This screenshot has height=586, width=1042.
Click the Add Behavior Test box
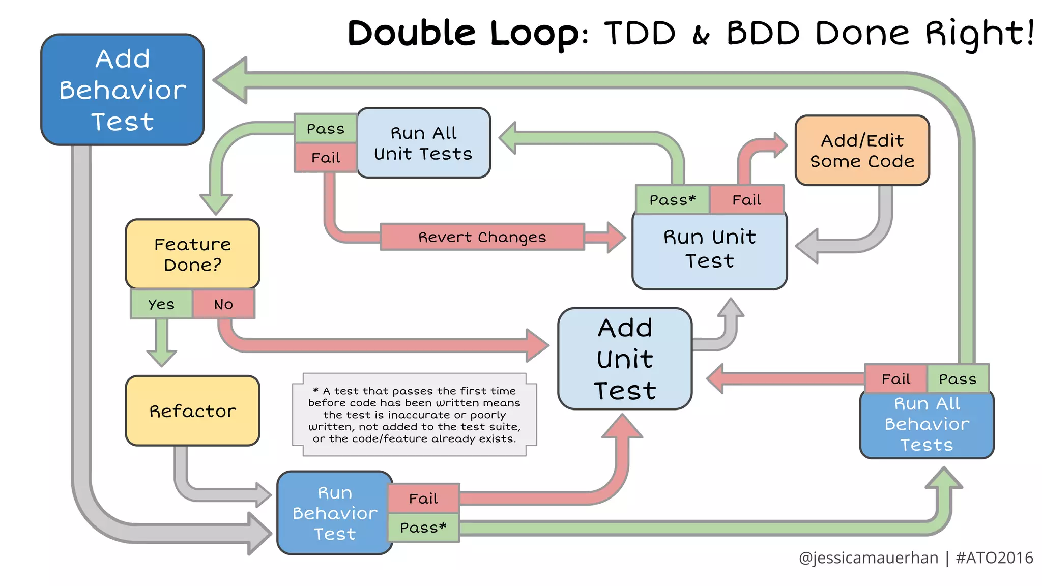click(122, 90)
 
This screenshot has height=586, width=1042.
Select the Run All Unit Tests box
click(423, 143)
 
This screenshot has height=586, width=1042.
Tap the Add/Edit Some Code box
click(862, 151)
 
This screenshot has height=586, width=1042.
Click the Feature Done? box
click(192, 254)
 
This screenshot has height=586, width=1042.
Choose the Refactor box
click(192, 411)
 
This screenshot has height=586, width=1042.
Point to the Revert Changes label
click(482, 237)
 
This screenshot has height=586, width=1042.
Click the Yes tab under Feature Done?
click(161, 304)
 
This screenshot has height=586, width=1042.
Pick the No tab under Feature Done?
click(223, 304)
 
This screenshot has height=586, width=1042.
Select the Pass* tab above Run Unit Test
click(672, 200)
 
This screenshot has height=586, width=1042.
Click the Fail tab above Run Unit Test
click(746, 200)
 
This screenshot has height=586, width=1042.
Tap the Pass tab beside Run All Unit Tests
click(326, 129)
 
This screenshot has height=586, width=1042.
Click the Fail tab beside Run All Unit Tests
click(326, 158)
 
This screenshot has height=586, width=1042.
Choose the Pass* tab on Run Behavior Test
click(423, 528)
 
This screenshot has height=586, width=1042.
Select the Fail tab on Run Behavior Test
click(423, 499)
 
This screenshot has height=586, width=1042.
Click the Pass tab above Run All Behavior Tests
click(958, 379)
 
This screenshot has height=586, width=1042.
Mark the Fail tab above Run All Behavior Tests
click(896, 379)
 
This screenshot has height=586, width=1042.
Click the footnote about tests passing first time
click(414, 415)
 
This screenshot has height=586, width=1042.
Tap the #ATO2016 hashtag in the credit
click(994, 558)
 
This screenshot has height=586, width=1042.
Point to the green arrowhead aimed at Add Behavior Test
click(232, 80)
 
